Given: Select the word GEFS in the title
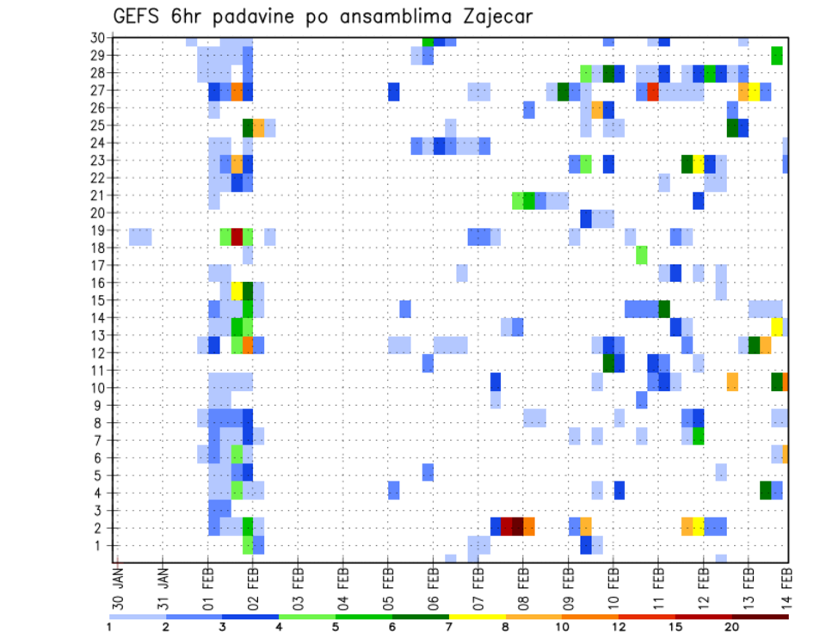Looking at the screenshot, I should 139,16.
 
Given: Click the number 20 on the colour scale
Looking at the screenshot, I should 732,627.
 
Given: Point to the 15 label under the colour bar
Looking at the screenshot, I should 676,627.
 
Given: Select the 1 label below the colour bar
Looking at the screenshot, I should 109,627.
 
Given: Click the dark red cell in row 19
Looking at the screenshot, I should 237,236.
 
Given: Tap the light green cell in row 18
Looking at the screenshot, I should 642,255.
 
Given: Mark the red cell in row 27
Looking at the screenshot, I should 653,91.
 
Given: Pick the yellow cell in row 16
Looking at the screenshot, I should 237,290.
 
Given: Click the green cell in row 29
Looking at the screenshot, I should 777,56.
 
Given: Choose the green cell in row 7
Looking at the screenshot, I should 698,436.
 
